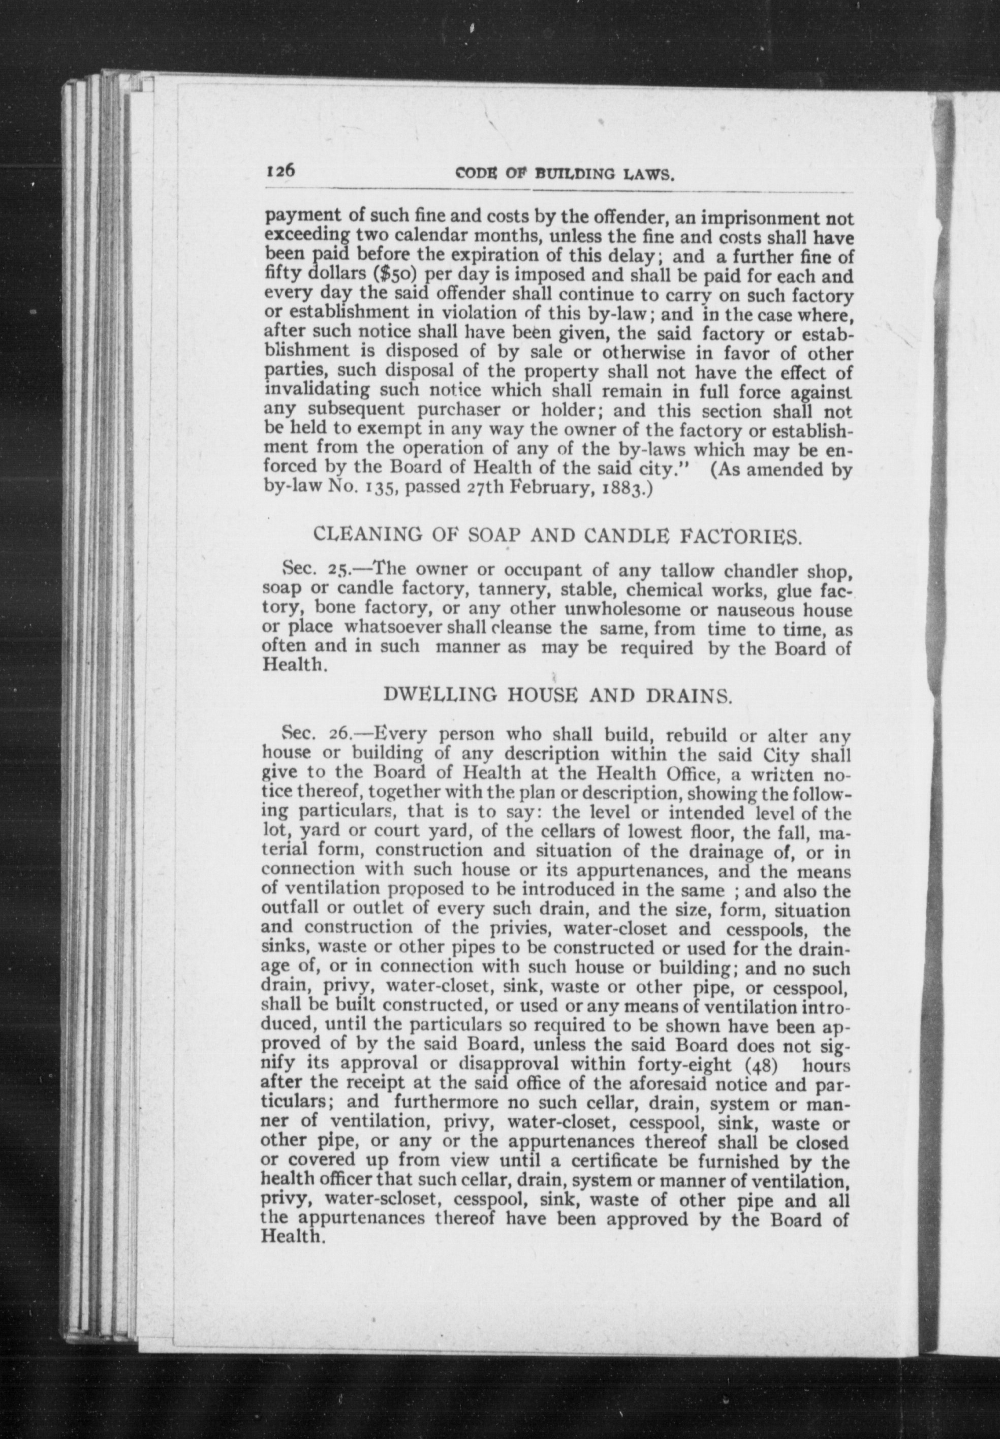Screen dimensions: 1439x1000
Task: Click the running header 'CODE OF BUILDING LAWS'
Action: coord(565,175)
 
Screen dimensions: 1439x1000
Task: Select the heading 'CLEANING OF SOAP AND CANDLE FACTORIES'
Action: coord(556,536)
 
